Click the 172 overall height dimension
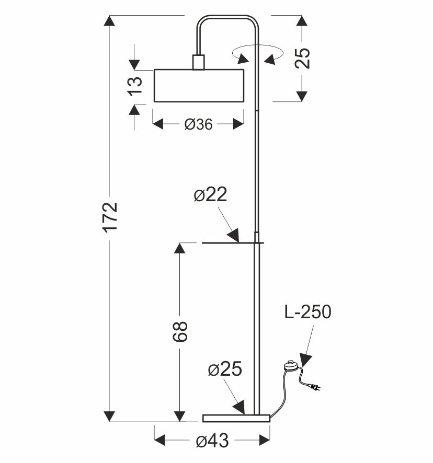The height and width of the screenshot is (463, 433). coord(109,217)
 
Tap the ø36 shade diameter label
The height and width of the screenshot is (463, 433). coord(198,124)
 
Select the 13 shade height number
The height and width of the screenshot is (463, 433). coord(134,85)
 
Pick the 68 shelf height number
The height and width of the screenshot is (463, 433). coord(179,331)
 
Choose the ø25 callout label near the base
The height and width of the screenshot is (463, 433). coord(224,369)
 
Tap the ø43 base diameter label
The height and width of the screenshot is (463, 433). coord(212,442)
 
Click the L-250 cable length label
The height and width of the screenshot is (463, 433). coord(307,312)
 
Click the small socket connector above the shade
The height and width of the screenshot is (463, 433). coord(198,62)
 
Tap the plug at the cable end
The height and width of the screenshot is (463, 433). coord(315,387)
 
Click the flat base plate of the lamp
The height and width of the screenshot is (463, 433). coord(236,418)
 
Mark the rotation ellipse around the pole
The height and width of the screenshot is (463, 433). coord(258,52)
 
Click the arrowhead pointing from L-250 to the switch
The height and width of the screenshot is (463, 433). coord(305,360)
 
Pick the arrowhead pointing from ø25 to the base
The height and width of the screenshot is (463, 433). coord(239,408)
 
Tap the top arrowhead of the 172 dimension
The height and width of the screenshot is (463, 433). coord(109,22)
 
